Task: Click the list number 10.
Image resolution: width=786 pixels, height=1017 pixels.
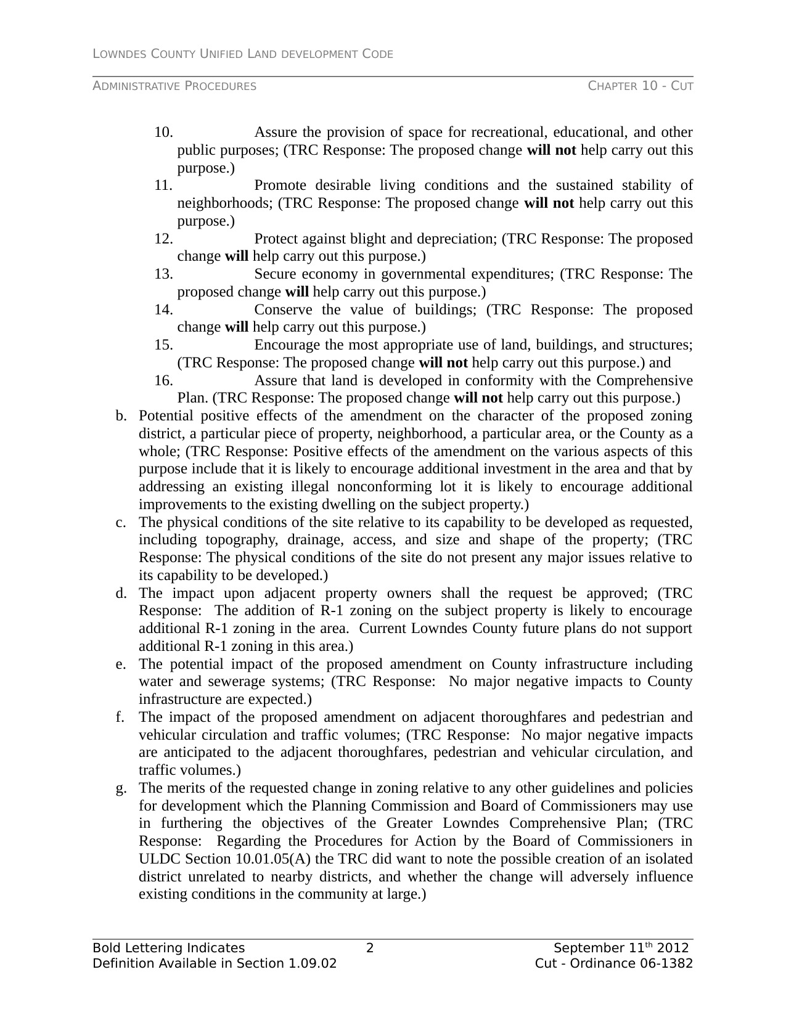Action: [x=163, y=133]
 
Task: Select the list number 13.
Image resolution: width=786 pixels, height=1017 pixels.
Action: [x=163, y=274]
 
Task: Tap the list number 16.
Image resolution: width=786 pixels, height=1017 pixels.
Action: [x=163, y=381]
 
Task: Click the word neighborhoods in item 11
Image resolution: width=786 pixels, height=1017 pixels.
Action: [x=224, y=203]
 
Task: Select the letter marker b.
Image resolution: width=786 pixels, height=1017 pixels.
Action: [x=121, y=417]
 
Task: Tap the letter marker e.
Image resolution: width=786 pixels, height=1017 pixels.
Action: [x=120, y=664]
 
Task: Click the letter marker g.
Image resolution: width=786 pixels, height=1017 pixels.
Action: [x=121, y=788]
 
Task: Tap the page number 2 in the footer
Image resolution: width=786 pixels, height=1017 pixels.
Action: [x=370, y=949]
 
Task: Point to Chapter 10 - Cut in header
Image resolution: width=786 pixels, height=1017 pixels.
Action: [x=641, y=86]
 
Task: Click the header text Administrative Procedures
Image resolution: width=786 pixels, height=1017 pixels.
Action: [x=174, y=86]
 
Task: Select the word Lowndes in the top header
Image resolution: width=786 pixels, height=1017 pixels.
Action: [x=119, y=54]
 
